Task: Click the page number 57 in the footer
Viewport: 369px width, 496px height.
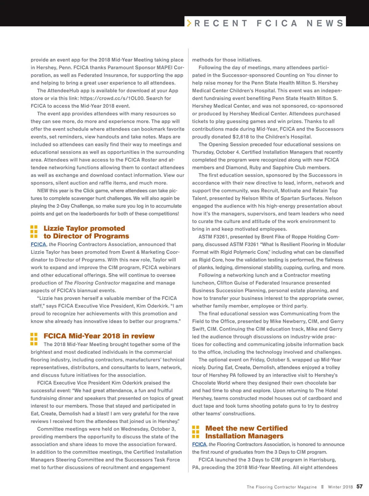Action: click(x=359, y=486)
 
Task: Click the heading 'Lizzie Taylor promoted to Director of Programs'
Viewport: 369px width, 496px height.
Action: click(x=86, y=232)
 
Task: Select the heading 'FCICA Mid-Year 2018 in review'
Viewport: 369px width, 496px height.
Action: click(x=99, y=336)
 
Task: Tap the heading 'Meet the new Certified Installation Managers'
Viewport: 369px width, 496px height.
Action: click(x=246, y=432)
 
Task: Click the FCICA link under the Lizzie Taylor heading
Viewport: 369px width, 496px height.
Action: click(x=38, y=244)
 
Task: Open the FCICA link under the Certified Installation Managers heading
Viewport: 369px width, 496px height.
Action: click(x=199, y=444)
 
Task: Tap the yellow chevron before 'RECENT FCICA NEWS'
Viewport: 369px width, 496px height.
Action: click(x=189, y=23)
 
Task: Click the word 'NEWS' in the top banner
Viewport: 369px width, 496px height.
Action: click(x=325, y=23)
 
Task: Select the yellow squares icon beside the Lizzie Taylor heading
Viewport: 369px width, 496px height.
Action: click(x=34, y=232)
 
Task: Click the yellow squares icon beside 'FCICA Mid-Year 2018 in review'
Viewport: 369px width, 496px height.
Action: click(x=34, y=339)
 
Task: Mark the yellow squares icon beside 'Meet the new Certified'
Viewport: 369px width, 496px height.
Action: click(x=196, y=432)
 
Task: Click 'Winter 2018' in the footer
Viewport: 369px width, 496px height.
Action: click(x=340, y=487)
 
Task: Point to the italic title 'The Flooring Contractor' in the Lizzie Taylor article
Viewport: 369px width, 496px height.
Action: click(x=92, y=283)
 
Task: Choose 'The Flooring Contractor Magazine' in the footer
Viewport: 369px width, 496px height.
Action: click(x=282, y=487)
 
